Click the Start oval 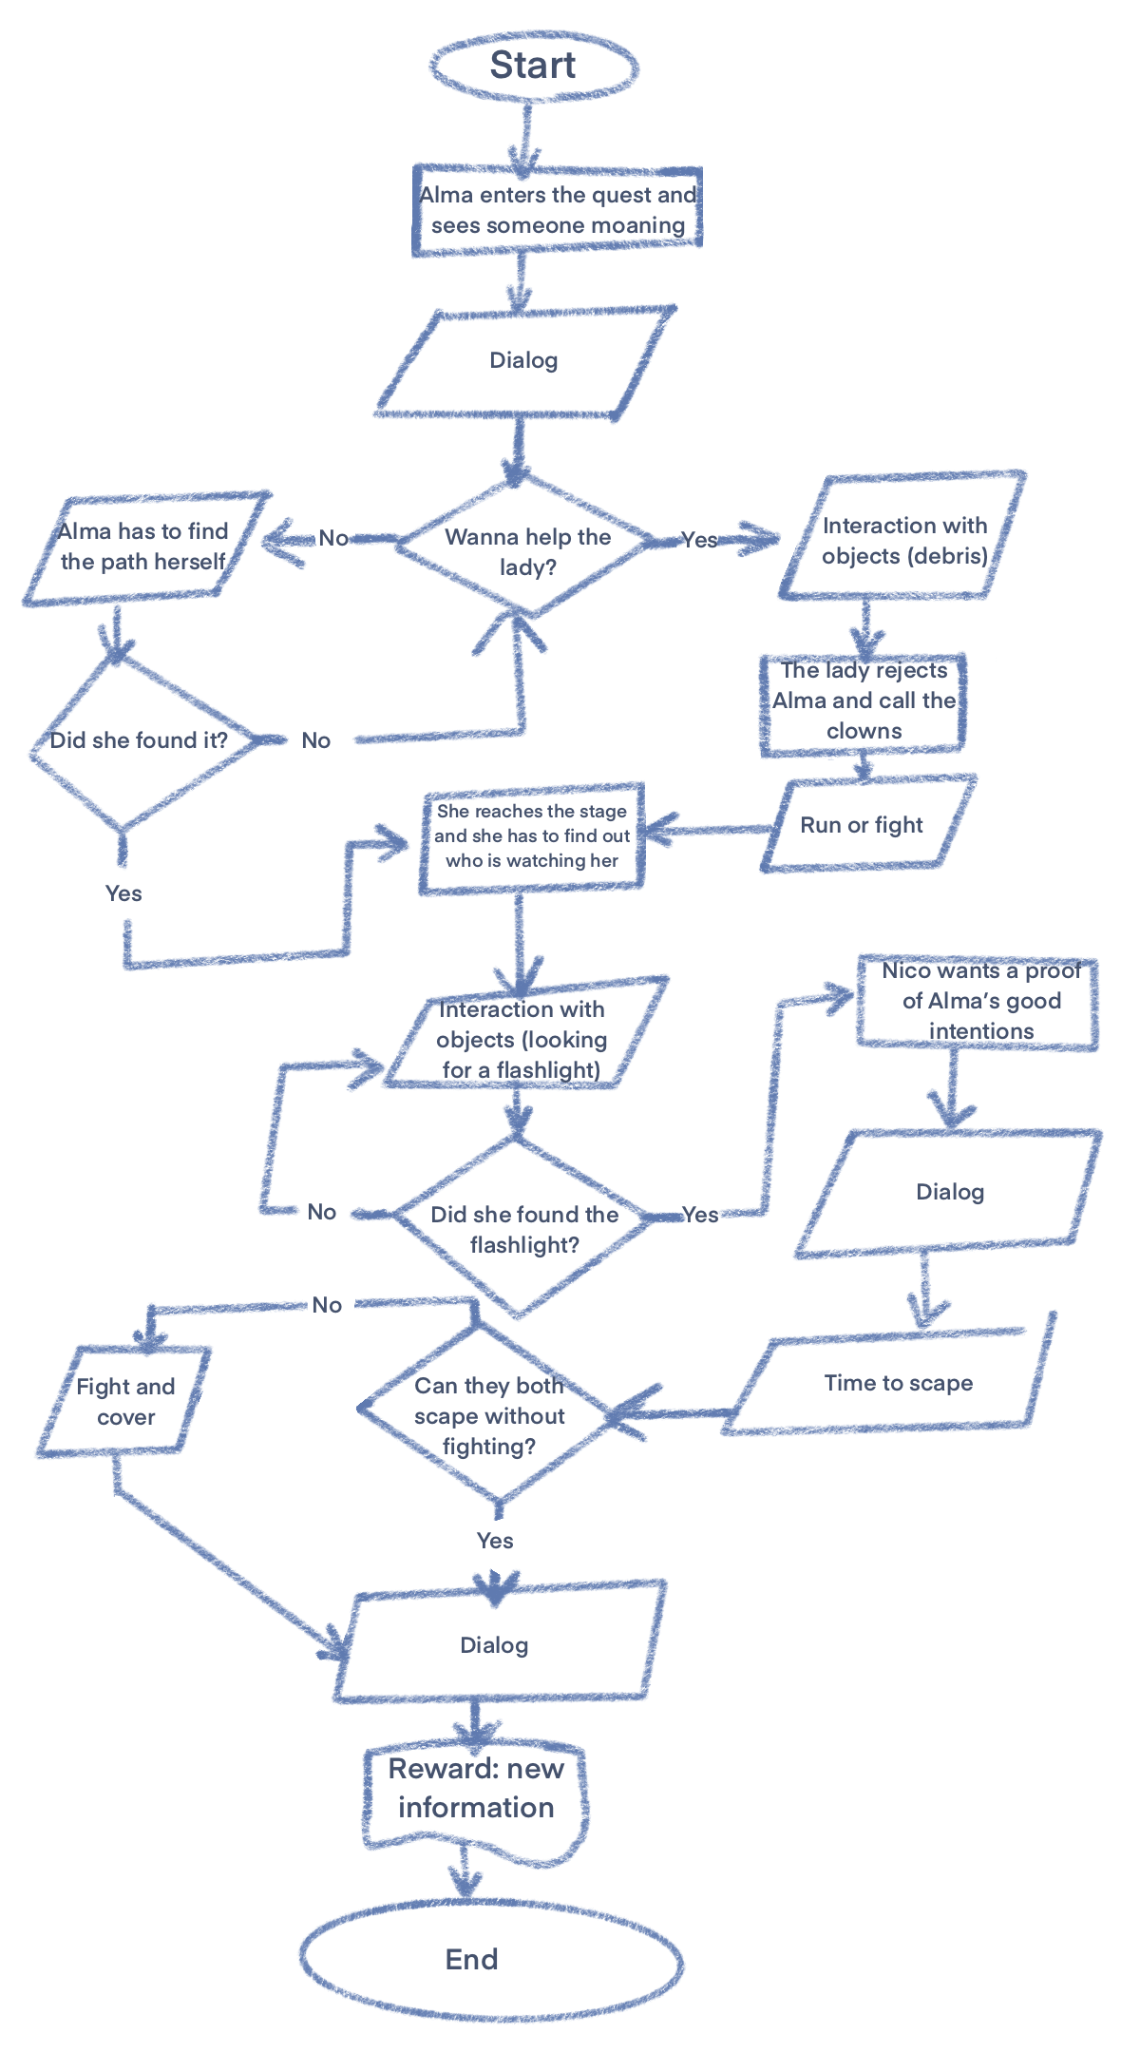[533, 66]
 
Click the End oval [491, 1959]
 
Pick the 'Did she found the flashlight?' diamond [522, 1227]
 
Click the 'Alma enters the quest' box [558, 210]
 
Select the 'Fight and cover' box [124, 1401]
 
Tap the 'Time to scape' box [897, 1383]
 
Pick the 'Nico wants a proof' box [978, 1002]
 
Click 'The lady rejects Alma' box [863, 702]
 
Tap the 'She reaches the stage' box [531, 836]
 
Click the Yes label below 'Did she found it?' [123, 893]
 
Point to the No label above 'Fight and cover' [326, 1305]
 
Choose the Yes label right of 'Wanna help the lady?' [699, 540]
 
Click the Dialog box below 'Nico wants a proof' [949, 1193]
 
